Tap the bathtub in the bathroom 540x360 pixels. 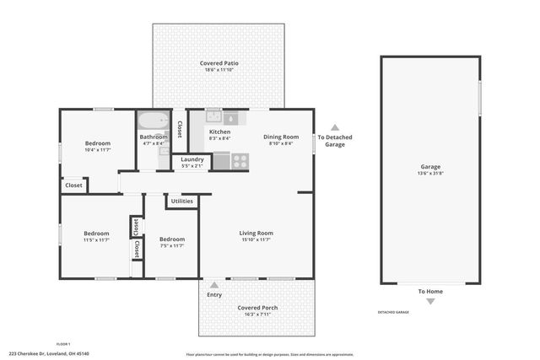click(x=154, y=120)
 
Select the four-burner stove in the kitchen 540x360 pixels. click(x=239, y=160)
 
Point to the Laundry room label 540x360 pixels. click(x=192, y=159)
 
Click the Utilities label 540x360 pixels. click(x=182, y=201)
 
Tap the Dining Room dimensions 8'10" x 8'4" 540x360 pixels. click(x=281, y=144)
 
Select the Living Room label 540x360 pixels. click(x=256, y=233)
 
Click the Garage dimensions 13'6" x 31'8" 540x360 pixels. click(x=430, y=175)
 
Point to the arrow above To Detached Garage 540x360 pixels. click(x=334, y=127)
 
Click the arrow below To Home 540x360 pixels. click(x=430, y=301)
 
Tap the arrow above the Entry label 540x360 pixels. click(x=214, y=286)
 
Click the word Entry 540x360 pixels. click(x=214, y=294)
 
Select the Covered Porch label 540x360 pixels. click(x=257, y=308)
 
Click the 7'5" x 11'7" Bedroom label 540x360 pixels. click(x=171, y=239)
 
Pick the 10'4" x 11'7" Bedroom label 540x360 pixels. click(x=98, y=143)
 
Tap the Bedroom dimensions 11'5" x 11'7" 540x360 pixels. click(x=95, y=240)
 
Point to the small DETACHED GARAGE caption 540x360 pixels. click(x=392, y=313)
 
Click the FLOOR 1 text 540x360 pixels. click(x=62, y=344)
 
